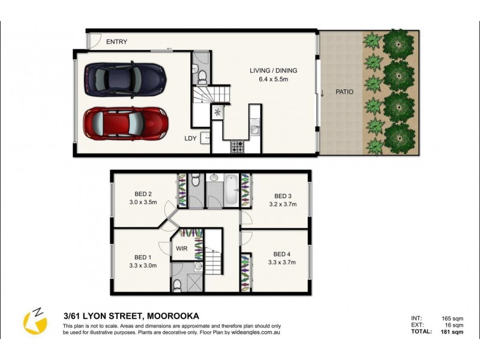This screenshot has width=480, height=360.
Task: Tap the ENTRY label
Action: (116, 42)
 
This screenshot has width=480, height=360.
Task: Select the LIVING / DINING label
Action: (274, 71)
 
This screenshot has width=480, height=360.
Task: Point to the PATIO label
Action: (344, 92)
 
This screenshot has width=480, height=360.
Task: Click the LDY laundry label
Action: (191, 139)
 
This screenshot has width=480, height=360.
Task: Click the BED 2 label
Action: (142, 194)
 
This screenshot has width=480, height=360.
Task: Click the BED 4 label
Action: (281, 254)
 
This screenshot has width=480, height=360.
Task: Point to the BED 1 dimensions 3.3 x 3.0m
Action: (142, 265)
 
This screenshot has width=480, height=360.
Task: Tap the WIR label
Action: (182, 248)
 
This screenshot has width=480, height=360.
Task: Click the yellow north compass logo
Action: (35, 322)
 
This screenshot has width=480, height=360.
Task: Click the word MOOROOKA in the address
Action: (171, 316)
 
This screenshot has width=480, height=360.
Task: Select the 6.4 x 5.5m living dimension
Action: (274, 79)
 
